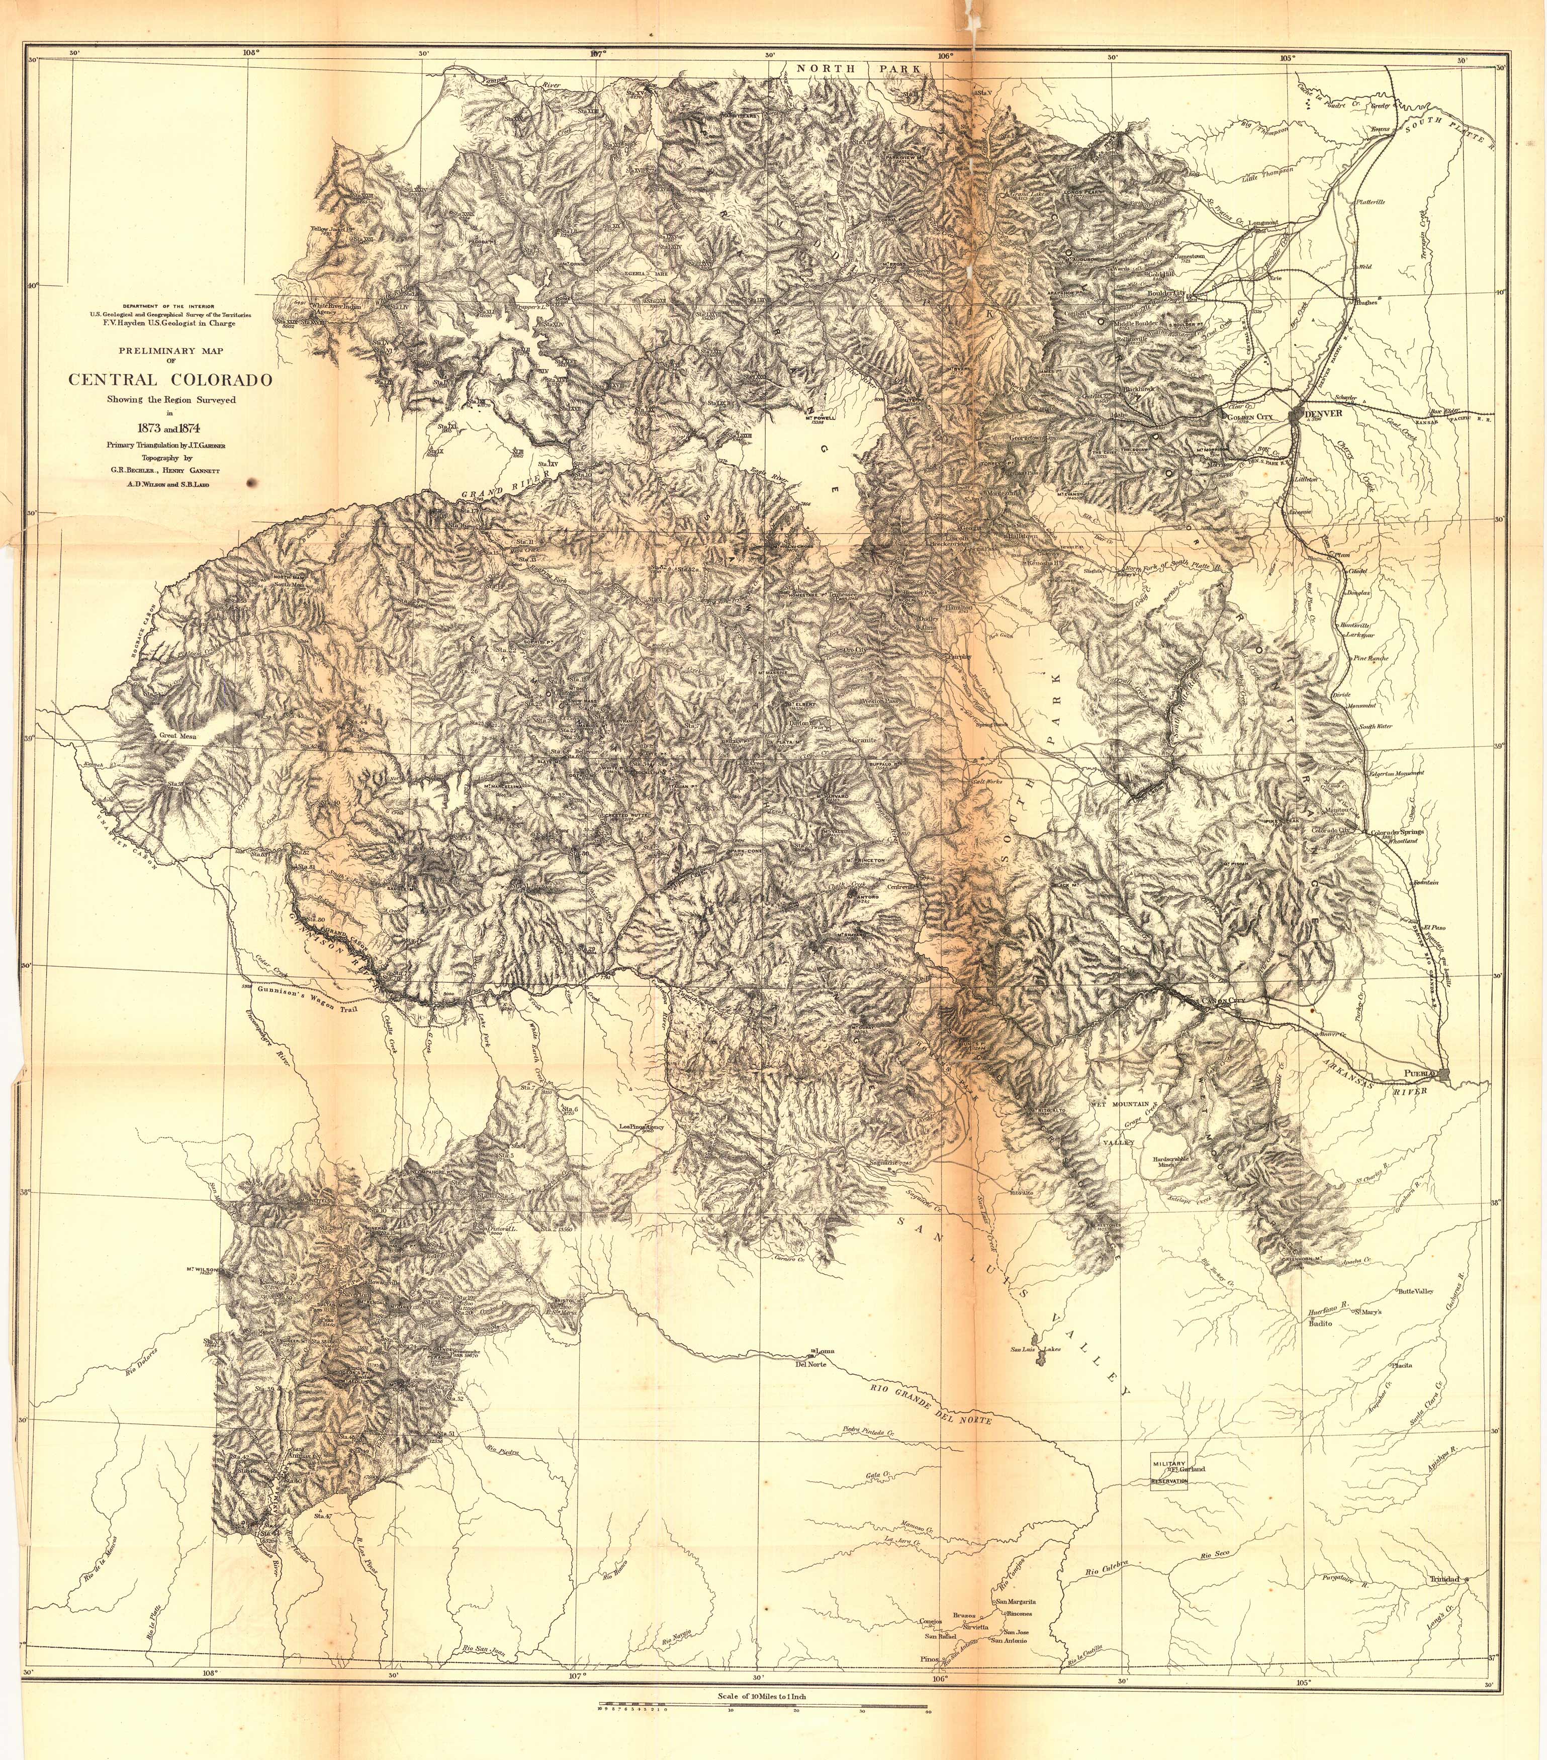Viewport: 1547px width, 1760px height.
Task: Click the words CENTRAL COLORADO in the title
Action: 170,380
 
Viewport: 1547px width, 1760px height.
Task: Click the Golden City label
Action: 1248,417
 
